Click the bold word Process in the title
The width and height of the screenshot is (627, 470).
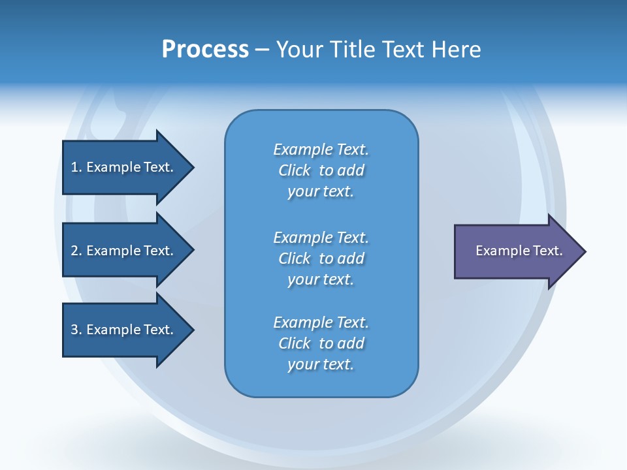[205, 50]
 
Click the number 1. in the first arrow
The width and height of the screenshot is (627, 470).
[76, 167]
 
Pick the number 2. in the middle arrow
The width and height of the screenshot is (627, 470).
[76, 251]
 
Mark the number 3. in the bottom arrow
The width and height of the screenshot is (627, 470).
[76, 330]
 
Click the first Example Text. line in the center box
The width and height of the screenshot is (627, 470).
[321, 149]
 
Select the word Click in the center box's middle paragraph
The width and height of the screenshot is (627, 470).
[294, 258]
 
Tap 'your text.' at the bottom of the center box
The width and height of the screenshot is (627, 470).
[321, 364]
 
